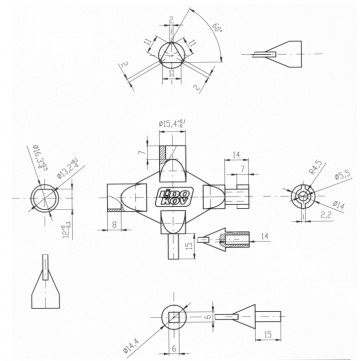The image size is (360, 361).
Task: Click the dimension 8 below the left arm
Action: pyautogui.click(x=116, y=226)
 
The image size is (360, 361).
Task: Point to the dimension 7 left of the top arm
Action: pyautogui.click(x=141, y=151)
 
